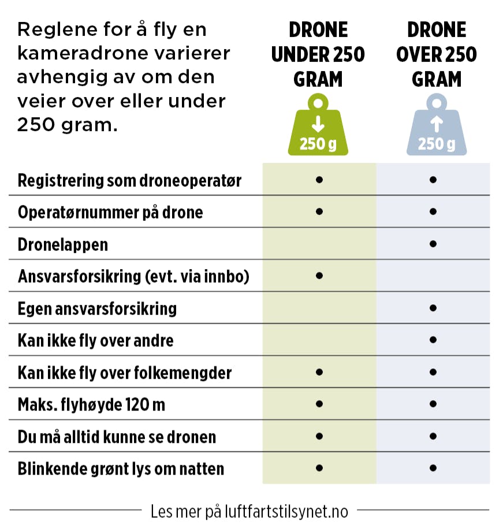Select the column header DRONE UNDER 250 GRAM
pyautogui.click(x=318, y=55)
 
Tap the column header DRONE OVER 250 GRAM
pyautogui.click(x=437, y=55)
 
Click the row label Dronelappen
pyautogui.click(x=63, y=244)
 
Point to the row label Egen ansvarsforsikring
pyautogui.click(x=97, y=308)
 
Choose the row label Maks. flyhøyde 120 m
pyautogui.click(x=91, y=404)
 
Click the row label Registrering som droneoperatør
pyautogui.click(x=129, y=181)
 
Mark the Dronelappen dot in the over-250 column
pyautogui.click(x=433, y=244)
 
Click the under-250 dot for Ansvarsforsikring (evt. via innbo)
pyautogui.click(x=319, y=276)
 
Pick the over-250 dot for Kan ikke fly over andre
pyautogui.click(x=433, y=340)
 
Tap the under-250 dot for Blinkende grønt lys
pyautogui.click(x=319, y=467)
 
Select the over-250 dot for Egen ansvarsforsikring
pyautogui.click(x=433, y=308)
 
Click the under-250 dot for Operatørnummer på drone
pyautogui.click(x=319, y=211)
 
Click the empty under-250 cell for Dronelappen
pyautogui.click(x=319, y=244)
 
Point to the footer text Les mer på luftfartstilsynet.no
pyautogui.click(x=249, y=511)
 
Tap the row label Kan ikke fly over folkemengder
pyautogui.click(x=125, y=372)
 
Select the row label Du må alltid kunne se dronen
pyautogui.click(x=117, y=436)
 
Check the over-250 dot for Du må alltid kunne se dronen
pyautogui.click(x=433, y=435)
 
